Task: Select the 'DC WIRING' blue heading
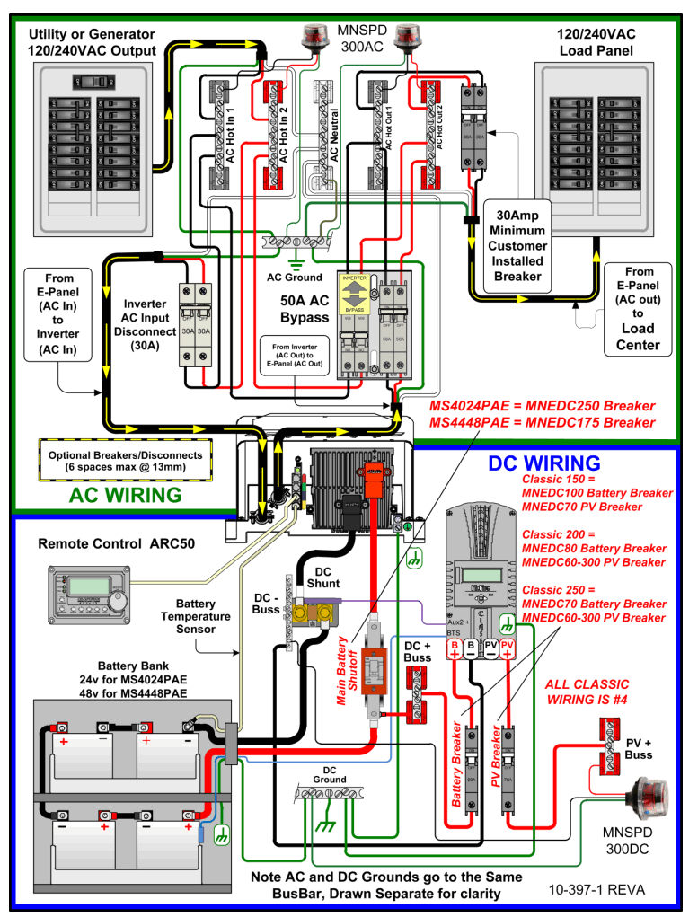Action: pyautogui.click(x=543, y=463)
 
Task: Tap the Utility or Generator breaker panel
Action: pyautogui.click(x=93, y=144)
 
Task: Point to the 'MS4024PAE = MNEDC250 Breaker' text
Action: pyautogui.click(x=542, y=405)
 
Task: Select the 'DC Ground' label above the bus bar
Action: pyautogui.click(x=329, y=773)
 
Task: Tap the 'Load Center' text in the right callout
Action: pyautogui.click(x=638, y=336)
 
